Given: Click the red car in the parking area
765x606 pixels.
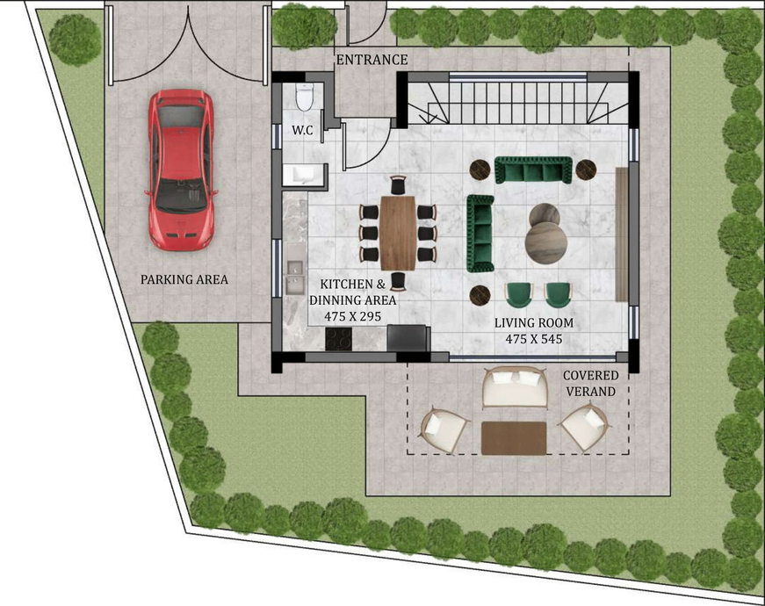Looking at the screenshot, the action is (x=181, y=170).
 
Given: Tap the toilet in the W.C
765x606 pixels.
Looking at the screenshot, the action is (x=305, y=97).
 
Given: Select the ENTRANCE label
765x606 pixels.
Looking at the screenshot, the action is (x=372, y=60).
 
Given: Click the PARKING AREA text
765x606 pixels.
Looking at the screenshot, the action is (x=184, y=279).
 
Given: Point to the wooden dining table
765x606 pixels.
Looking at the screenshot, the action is (x=398, y=233).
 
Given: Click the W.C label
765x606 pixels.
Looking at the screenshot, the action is (x=302, y=130).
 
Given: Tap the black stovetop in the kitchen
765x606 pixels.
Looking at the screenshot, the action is (x=339, y=338).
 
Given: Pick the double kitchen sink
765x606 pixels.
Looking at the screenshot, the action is (x=294, y=278).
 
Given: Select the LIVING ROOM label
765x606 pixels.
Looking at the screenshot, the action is (x=534, y=322).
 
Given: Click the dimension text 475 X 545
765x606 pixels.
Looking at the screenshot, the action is (x=534, y=339).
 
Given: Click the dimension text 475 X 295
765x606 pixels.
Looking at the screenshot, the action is (x=352, y=317).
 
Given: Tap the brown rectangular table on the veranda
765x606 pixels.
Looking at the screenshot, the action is (x=514, y=438).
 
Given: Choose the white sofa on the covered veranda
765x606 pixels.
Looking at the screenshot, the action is (x=515, y=388).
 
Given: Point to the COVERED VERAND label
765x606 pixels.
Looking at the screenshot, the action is (x=590, y=383).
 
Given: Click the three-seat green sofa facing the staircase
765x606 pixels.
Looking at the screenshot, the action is (x=533, y=170).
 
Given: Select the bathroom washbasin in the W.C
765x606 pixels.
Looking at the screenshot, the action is (x=304, y=175).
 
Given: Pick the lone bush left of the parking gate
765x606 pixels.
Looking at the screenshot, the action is (x=75, y=40).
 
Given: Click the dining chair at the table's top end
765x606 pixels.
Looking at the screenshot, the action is (x=398, y=185).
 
